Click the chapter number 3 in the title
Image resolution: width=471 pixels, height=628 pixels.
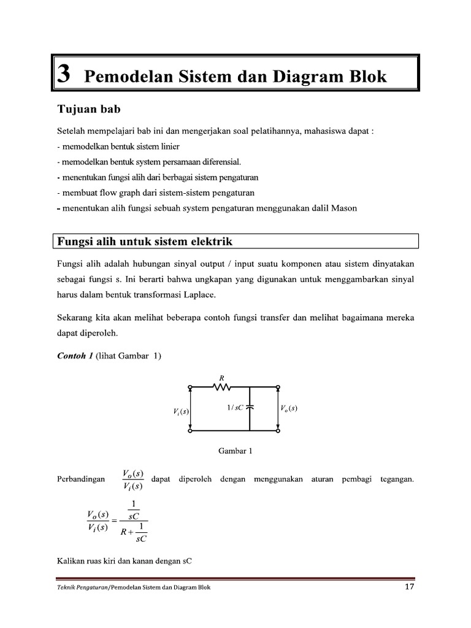(63, 77)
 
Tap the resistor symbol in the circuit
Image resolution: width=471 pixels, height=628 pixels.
(221, 387)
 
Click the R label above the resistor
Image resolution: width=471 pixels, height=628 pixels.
(221, 378)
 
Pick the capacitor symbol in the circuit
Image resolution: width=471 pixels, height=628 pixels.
(250, 407)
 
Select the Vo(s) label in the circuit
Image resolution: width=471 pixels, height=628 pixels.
(289, 408)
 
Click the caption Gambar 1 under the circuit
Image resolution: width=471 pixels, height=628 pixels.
(235, 451)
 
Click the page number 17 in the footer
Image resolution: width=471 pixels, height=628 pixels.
(410, 587)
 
